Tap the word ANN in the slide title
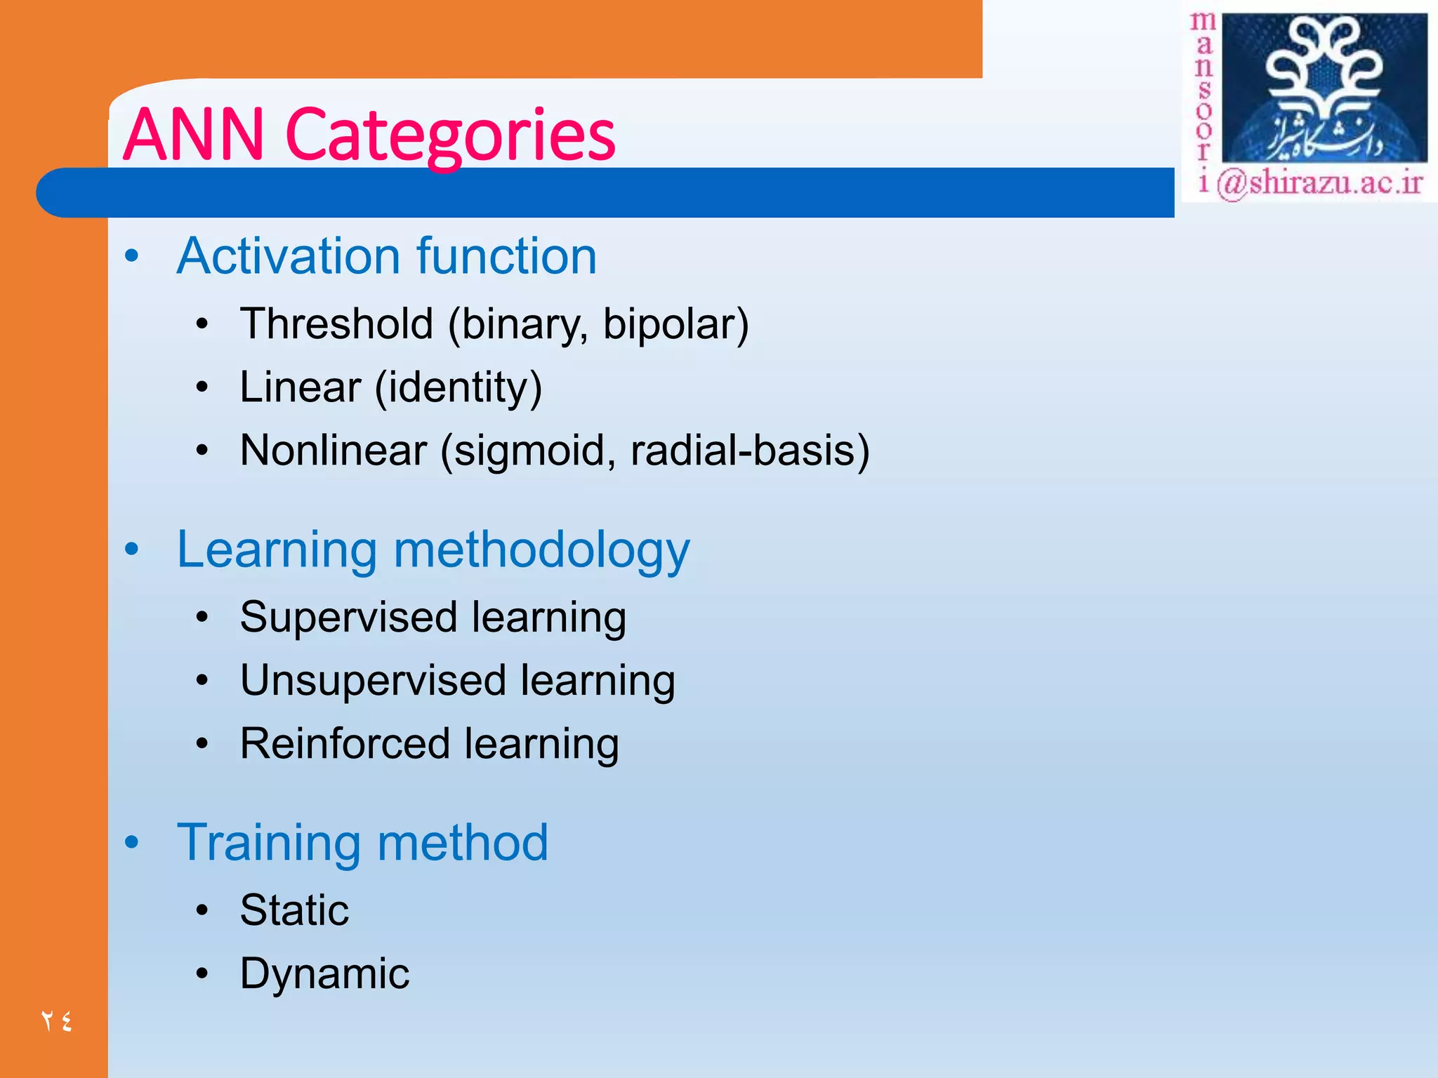pos(194,135)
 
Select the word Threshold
pos(336,324)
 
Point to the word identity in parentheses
pos(458,387)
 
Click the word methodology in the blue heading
pos(541,551)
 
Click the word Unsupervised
pos(373,681)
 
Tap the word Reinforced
pos(345,744)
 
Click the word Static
pos(294,910)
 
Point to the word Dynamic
pos(324,973)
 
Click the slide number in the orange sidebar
pos(56,1020)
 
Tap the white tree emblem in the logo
pos(1324,70)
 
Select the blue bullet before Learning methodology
pos(131,550)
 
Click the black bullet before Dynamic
pos(202,973)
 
